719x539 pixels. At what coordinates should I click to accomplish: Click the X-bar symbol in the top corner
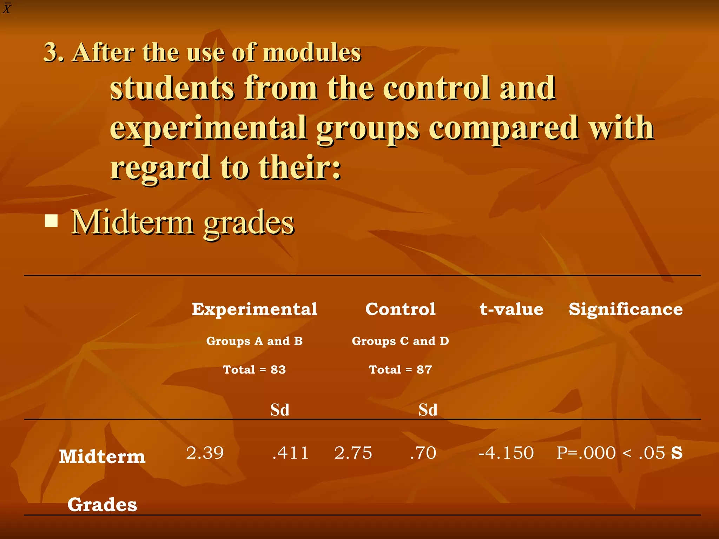coord(7,8)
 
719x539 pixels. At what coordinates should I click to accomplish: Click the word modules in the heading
coord(312,53)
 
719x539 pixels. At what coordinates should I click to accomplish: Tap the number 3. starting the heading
coord(54,53)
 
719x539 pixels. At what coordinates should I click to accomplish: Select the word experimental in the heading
coord(209,128)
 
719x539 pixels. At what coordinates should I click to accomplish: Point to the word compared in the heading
coord(503,128)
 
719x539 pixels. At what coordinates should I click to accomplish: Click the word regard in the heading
coord(160,168)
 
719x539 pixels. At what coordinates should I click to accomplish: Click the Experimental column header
coord(255,309)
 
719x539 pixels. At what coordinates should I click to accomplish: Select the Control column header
coord(400,309)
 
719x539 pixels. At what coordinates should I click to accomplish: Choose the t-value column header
coord(511,309)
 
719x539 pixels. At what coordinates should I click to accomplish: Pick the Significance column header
coord(626,309)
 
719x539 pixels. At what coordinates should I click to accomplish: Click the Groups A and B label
coord(254,341)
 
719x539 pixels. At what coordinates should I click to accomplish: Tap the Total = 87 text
coord(400,370)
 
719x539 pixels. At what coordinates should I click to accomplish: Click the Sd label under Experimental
coord(280,410)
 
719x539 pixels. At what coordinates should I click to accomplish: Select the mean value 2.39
coord(205,453)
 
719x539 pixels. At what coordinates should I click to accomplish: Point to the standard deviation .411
coord(290,453)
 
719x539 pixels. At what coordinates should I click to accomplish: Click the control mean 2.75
coord(353,453)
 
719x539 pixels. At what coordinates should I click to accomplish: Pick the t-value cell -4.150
coord(506,453)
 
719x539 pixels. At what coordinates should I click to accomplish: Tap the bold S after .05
coord(677,453)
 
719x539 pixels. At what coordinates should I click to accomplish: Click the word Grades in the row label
coord(102,505)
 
